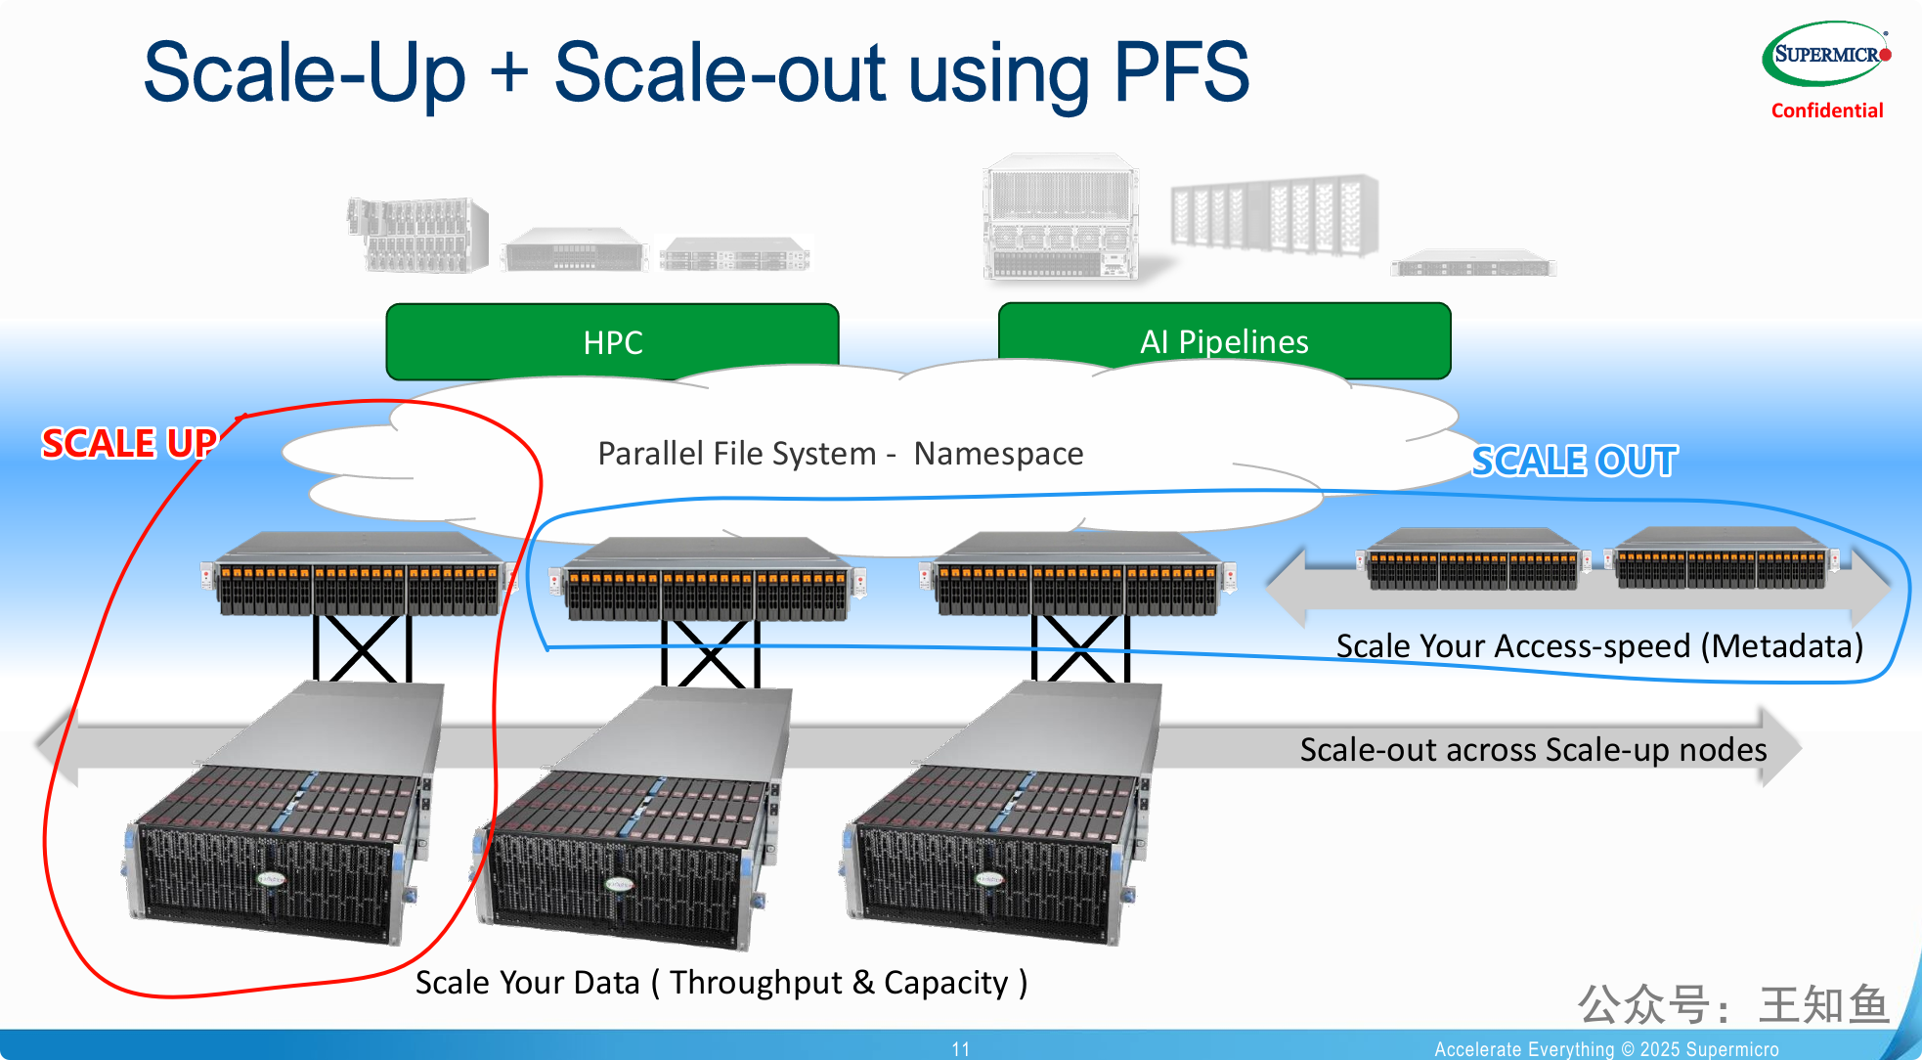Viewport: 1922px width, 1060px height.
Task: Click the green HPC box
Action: (613, 341)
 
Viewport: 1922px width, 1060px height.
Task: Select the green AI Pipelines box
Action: (1224, 340)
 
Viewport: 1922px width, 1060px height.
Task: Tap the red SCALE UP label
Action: (128, 443)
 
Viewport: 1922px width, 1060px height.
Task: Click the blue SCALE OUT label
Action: (1574, 461)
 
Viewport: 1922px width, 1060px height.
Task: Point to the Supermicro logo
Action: (1826, 54)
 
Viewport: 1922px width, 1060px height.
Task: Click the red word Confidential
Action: (1827, 110)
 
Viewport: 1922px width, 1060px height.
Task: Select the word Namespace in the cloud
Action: (998, 454)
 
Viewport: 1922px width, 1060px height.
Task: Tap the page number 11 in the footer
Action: (961, 1048)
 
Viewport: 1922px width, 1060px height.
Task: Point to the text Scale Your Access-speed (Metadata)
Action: (1599, 646)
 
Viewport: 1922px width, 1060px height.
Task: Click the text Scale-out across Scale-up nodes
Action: (1533, 749)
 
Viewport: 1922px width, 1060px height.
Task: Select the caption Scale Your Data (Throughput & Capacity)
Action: (721, 983)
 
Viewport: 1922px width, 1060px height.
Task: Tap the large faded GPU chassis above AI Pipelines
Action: (1062, 217)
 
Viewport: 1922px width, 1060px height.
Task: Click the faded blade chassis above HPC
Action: (417, 235)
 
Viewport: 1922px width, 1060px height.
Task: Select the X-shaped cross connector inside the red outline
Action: (362, 648)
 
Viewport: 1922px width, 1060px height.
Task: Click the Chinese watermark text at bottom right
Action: (1733, 1004)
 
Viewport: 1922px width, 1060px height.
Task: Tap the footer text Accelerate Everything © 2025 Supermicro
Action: (1606, 1049)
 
